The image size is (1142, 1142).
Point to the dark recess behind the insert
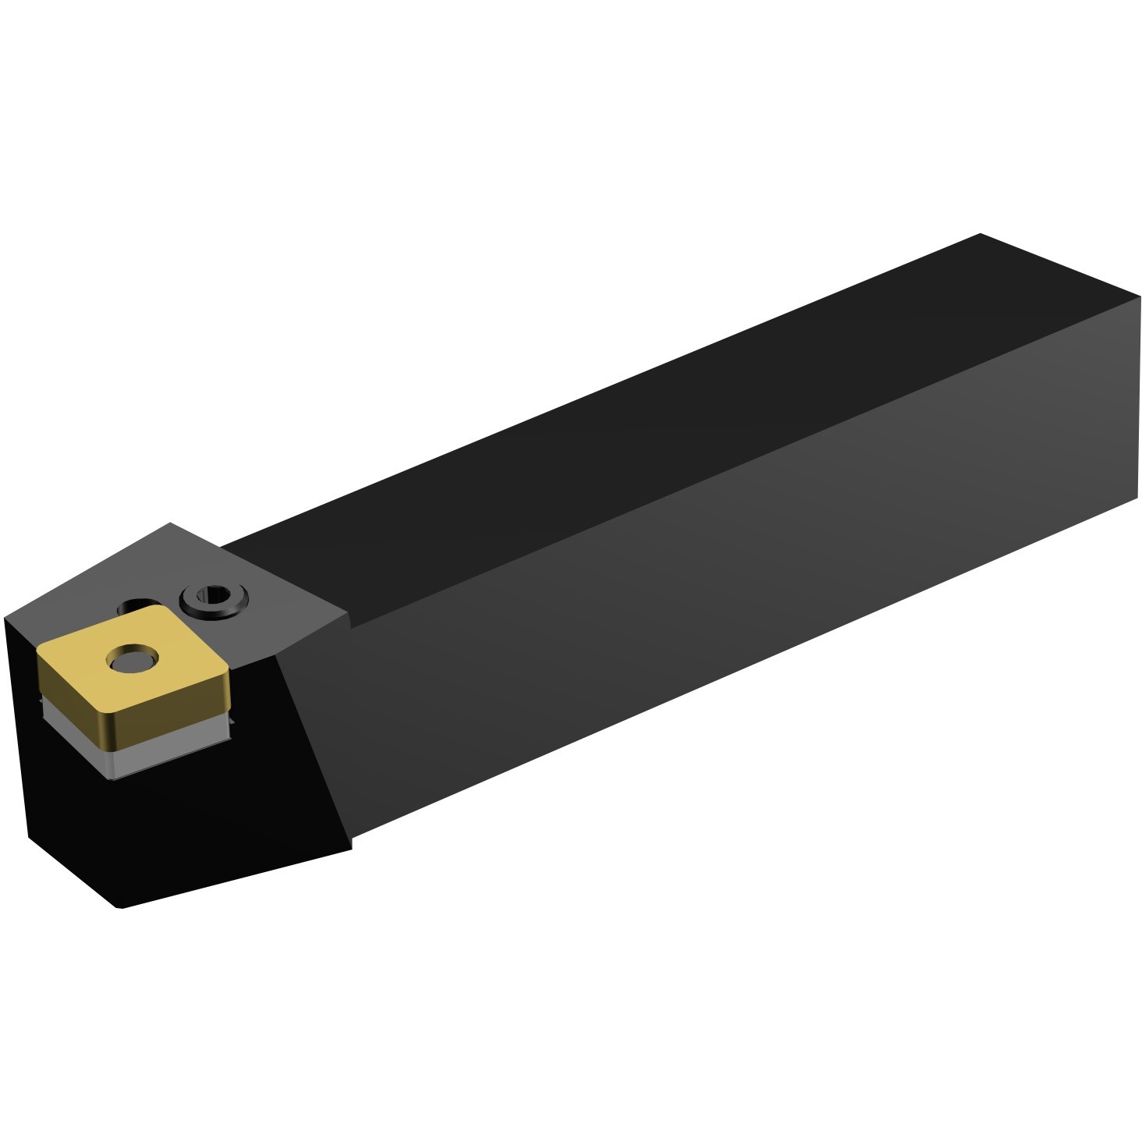click(x=140, y=605)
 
